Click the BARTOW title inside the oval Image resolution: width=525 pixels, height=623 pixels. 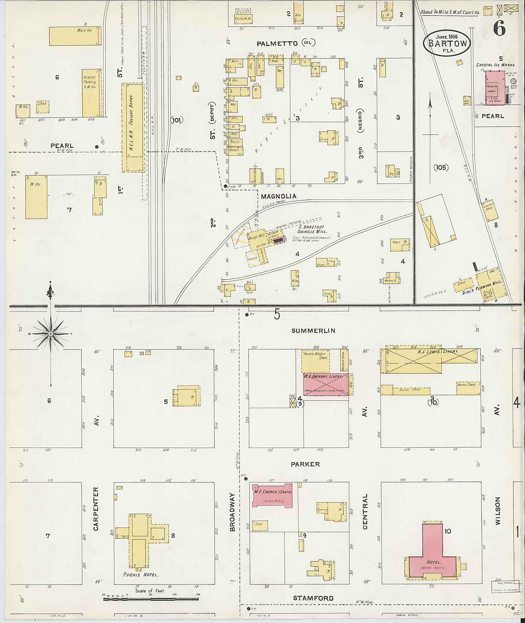click(447, 44)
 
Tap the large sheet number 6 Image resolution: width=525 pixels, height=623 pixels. click(499, 29)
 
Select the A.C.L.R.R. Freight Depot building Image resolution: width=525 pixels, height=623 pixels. click(133, 128)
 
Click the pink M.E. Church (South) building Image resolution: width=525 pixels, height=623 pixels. click(272, 496)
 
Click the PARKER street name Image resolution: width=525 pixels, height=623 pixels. click(305, 464)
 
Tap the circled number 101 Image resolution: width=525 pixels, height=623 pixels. click(177, 120)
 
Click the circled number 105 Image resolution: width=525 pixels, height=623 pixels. click(440, 167)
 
